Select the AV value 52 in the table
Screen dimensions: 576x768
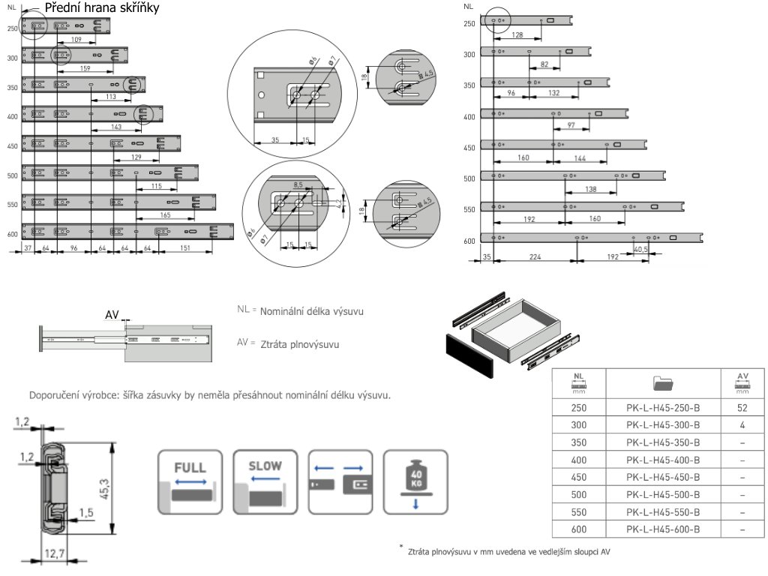coord(742,408)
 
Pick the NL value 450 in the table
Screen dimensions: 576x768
coord(577,477)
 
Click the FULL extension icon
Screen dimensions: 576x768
coord(190,481)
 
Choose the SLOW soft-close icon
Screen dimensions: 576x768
coord(265,481)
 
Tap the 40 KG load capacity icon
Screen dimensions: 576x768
coord(415,481)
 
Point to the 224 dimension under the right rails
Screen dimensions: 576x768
coord(535,256)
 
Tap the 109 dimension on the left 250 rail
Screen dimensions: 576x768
coord(76,39)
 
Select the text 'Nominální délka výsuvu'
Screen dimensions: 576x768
coord(312,310)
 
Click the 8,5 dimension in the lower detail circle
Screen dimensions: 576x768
coord(297,184)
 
